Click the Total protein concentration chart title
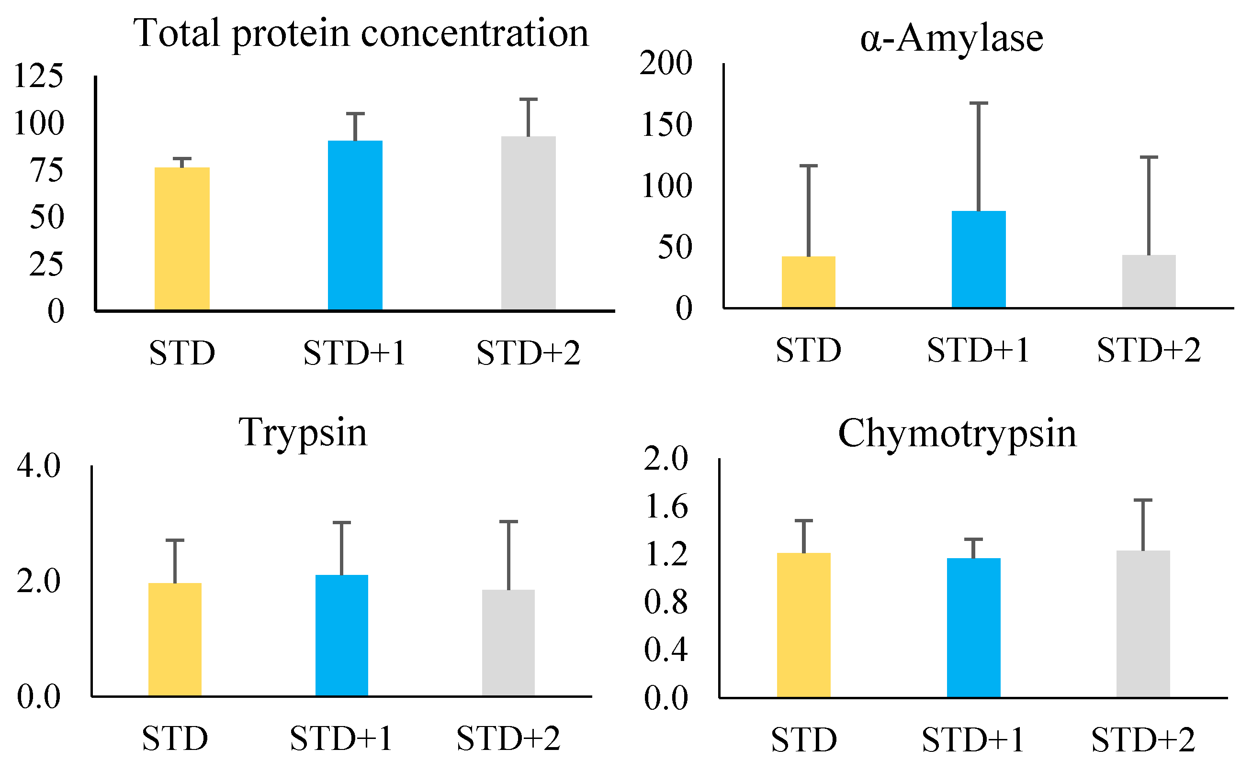pyautogui.click(x=361, y=33)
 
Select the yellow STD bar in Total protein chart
pyautogui.click(x=182, y=239)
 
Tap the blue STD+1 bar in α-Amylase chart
pyautogui.click(x=979, y=259)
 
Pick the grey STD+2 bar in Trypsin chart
pyautogui.click(x=508, y=643)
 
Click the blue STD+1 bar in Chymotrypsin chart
pyautogui.click(x=973, y=628)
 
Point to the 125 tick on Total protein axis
pyautogui.click(x=39, y=76)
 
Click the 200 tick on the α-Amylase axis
pyautogui.click(x=665, y=64)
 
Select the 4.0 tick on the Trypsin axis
pyautogui.click(x=39, y=465)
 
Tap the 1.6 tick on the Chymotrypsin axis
pyautogui.click(x=665, y=507)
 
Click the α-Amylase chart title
pyautogui.click(x=951, y=39)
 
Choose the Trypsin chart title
pyautogui.click(x=303, y=432)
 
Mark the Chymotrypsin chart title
pyautogui.click(x=957, y=433)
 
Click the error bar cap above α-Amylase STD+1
pyautogui.click(x=979, y=103)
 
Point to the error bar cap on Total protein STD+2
pyautogui.click(x=528, y=99)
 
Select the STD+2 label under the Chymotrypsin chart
pyautogui.click(x=1143, y=740)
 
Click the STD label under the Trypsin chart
pyautogui.click(x=175, y=738)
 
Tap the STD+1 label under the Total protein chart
pyautogui.click(x=355, y=353)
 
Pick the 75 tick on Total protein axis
pyautogui.click(x=47, y=170)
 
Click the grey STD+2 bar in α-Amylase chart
pyautogui.click(x=1149, y=282)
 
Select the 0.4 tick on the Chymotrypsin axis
pyautogui.click(x=665, y=650)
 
